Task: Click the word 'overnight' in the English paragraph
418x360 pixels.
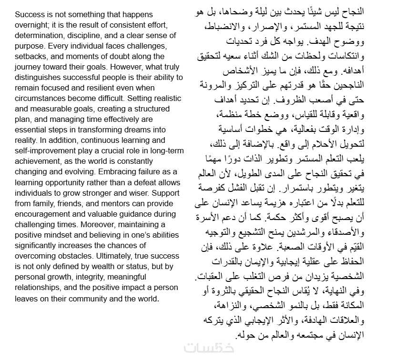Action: [x=30, y=25]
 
